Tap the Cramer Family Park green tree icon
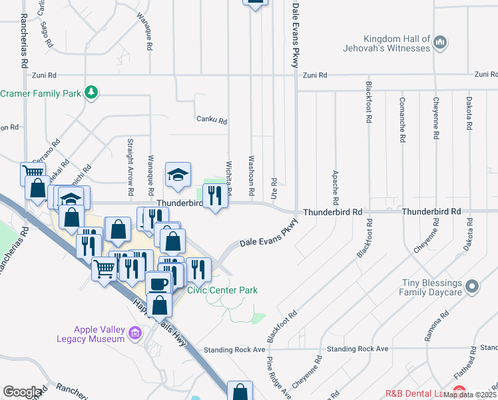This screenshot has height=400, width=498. point(92,93)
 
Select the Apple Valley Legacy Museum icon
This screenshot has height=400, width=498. point(136,332)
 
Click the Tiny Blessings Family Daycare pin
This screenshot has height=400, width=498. point(472,287)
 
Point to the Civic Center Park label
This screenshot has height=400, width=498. point(222,290)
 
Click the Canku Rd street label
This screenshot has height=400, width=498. point(212,121)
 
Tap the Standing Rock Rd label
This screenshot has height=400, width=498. point(230,349)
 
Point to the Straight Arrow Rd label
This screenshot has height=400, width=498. point(130,163)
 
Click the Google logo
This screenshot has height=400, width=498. point(22,391)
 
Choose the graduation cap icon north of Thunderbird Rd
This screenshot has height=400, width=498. point(178,175)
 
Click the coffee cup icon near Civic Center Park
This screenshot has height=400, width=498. point(158,283)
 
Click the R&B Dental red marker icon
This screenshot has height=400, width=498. point(459,392)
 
